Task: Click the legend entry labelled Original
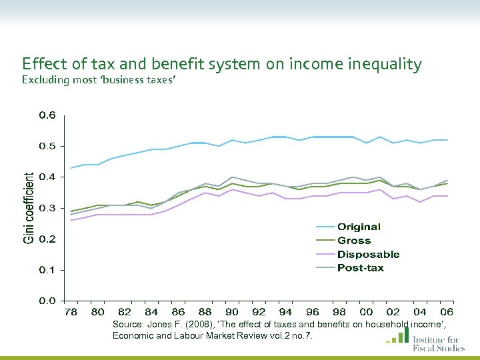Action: click(x=359, y=227)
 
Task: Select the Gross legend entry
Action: click(x=354, y=241)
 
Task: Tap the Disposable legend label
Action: click(x=368, y=255)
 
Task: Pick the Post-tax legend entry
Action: click(x=360, y=268)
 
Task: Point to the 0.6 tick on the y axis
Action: click(x=47, y=115)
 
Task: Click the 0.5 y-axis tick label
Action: click(x=47, y=146)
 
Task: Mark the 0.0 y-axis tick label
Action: click(x=47, y=301)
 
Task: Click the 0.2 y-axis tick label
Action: click(x=47, y=239)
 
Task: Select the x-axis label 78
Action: click(x=70, y=312)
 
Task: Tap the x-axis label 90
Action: click(x=232, y=312)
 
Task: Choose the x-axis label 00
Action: click(x=366, y=312)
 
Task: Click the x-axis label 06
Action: click(x=447, y=312)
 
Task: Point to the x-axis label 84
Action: click(x=151, y=312)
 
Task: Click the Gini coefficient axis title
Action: click(x=29, y=208)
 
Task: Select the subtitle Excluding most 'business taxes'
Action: click(x=99, y=81)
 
